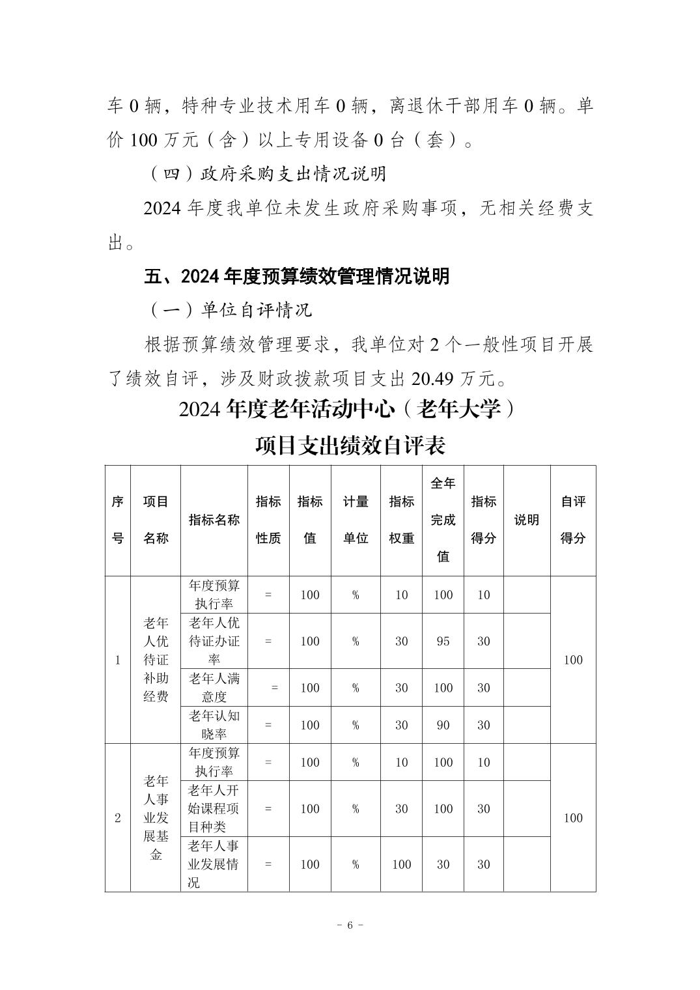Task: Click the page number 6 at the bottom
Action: pos(350,925)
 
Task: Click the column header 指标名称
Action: pos(214,520)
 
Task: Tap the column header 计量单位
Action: pos(356,520)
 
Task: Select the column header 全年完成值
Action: pos(443,520)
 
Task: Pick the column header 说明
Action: pos(527,520)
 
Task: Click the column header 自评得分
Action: pos(573,520)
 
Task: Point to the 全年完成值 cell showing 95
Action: pos(443,641)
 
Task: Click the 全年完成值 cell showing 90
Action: pos(443,725)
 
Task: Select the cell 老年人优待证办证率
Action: pos(214,641)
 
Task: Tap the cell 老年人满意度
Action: pos(214,688)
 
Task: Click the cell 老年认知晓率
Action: pos(214,725)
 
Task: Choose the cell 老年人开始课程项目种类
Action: pos(214,808)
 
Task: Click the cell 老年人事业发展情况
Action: pos(214,864)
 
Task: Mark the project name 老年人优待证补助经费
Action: pos(156,660)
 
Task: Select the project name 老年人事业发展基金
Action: pos(156,818)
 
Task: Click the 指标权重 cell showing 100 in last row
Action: pos(401,864)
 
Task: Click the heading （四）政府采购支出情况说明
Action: pos(267,174)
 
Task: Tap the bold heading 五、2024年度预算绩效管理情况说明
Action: pos(296,276)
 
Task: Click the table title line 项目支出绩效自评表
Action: pos(350,446)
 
